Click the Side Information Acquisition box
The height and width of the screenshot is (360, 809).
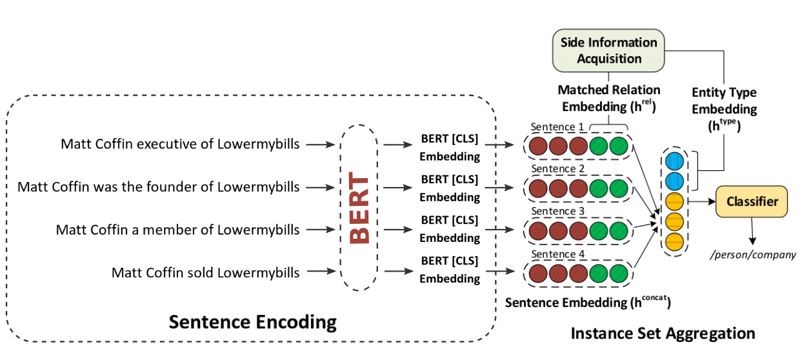(608, 50)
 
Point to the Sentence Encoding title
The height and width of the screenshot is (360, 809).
(252, 322)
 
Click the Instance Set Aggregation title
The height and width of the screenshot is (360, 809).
(663, 334)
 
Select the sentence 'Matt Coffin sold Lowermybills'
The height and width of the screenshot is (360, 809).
(205, 272)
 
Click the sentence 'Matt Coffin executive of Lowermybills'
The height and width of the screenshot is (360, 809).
(180, 144)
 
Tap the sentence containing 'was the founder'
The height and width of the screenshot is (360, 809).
(159, 187)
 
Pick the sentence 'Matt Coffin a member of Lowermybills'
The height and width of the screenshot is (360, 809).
(177, 230)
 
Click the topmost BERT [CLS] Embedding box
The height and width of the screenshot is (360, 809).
(450, 148)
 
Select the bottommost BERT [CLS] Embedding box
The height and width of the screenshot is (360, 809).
(450, 270)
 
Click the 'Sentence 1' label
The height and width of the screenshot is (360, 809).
(557, 127)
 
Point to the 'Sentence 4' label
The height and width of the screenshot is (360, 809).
(557, 254)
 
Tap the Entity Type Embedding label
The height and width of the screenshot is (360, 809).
(723, 110)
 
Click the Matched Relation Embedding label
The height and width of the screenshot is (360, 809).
(608, 98)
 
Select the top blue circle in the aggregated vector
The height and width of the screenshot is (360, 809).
(674, 161)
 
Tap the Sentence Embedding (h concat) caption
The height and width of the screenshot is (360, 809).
(588, 302)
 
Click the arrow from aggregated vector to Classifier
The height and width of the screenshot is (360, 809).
(701, 201)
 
